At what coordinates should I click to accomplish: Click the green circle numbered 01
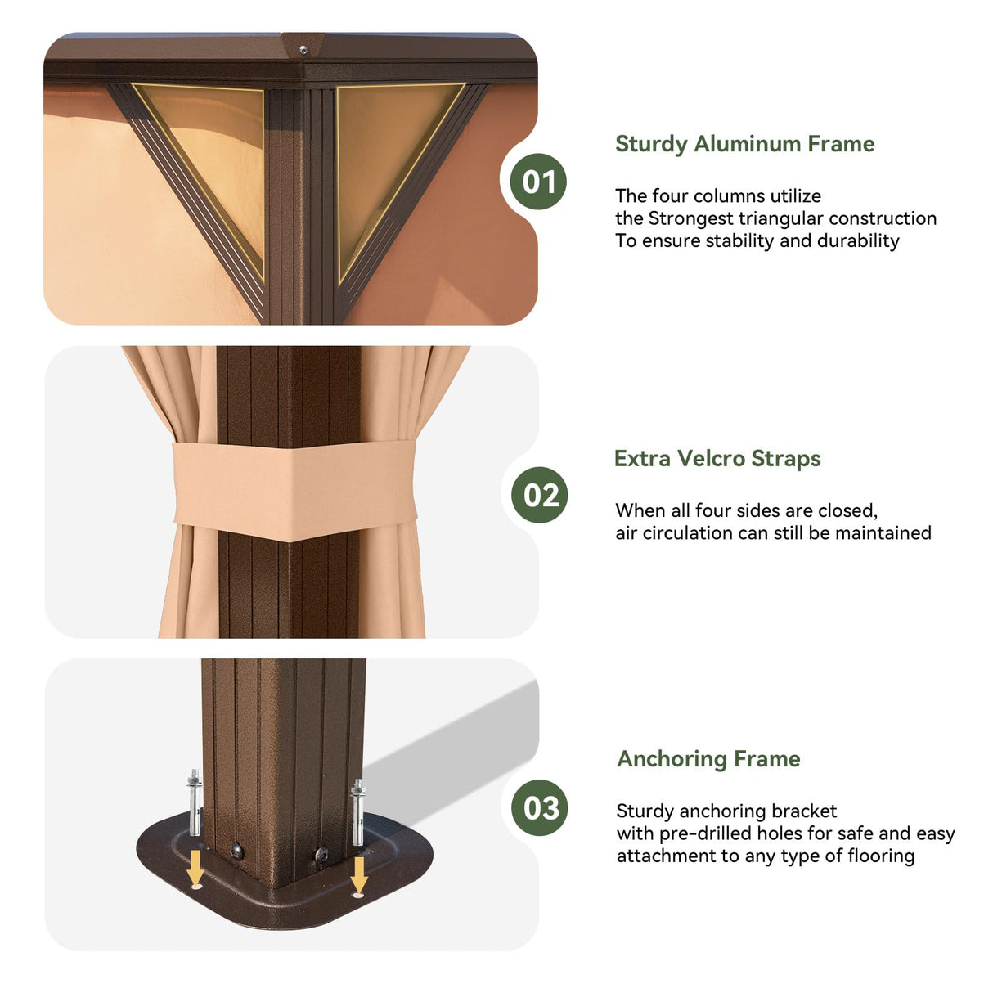(538, 182)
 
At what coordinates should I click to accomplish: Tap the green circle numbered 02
(540, 495)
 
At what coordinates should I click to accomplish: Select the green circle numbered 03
(540, 807)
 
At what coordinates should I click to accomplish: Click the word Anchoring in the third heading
(672, 760)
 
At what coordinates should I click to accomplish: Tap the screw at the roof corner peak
(303, 49)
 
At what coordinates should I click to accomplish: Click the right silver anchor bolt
(357, 811)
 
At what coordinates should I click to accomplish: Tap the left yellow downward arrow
(195, 866)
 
